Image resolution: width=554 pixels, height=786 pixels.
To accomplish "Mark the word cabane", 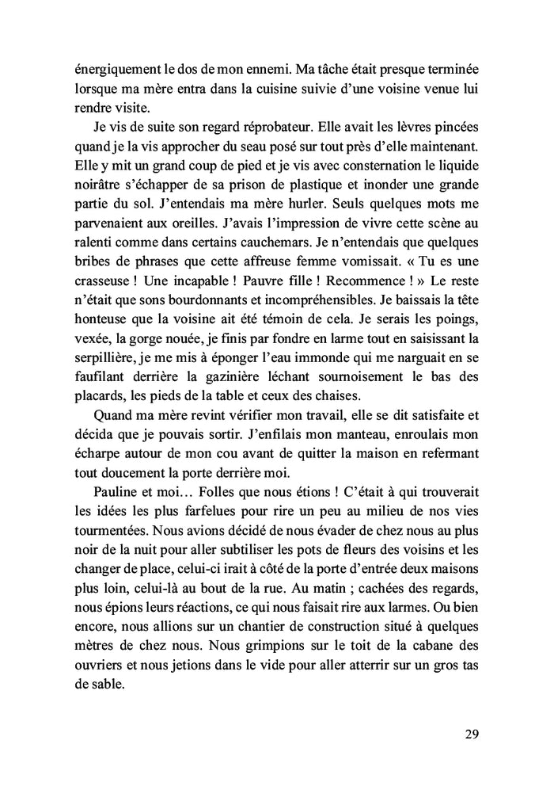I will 429,645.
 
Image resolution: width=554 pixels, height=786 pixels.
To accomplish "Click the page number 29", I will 472,734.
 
